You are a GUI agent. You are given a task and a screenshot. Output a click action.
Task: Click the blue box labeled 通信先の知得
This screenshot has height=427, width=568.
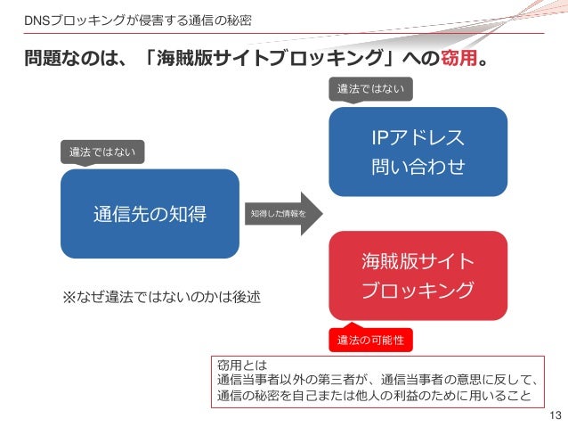[x=150, y=214]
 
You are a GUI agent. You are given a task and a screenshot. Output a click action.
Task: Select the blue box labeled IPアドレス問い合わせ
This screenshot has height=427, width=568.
[x=418, y=152]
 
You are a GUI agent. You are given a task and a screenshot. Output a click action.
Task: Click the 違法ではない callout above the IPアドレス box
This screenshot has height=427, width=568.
[x=371, y=89]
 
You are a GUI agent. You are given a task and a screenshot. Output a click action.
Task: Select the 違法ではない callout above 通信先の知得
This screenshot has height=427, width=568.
[x=102, y=152]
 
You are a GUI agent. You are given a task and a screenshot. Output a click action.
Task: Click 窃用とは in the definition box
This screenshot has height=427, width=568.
[x=237, y=364]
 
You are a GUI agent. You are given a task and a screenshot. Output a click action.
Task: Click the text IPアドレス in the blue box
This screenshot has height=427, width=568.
[x=418, y=138]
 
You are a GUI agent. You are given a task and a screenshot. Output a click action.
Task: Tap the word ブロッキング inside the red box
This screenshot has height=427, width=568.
[x=418, y=291]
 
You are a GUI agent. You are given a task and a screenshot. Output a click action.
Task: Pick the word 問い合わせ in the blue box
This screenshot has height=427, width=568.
[x=418, y=167]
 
